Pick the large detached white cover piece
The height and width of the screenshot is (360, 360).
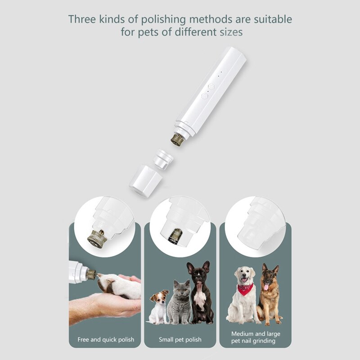click(x=145, y=180)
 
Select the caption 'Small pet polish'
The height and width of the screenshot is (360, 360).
click(x=180, y=339)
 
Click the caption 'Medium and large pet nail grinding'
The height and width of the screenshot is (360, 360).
click(x=255, y=337)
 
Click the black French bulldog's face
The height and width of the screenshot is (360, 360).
click(x=198, y=276)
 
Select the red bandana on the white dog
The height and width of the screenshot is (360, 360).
click(x=245, y=288)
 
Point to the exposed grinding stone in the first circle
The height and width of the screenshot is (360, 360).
click(x=96, y=238)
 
